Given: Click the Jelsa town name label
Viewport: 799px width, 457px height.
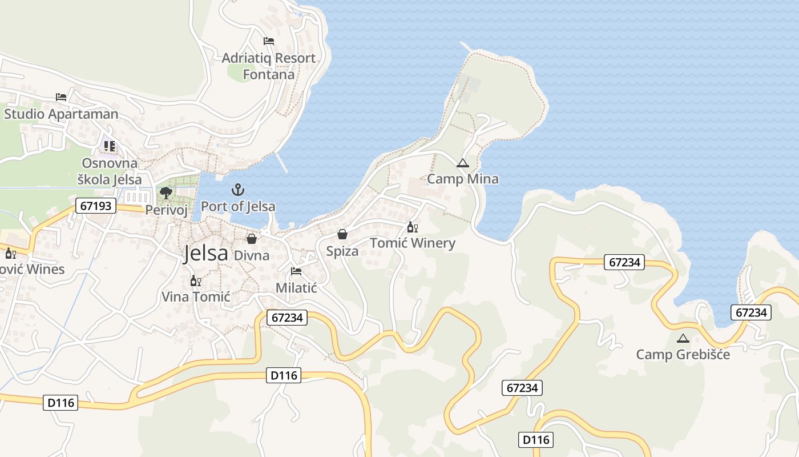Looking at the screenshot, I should coord(205,254).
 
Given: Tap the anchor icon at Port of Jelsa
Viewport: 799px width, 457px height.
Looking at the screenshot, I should coord(237,190).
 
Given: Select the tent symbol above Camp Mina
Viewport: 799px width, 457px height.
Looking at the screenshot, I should coord(462,163).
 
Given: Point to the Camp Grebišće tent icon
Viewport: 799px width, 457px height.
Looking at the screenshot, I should coord(683,338).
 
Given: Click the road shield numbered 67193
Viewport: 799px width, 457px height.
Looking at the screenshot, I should coord(96,206).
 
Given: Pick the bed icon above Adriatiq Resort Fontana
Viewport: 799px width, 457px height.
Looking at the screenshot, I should coord(269,41).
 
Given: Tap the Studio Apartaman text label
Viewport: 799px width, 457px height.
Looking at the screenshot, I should coord(61,114).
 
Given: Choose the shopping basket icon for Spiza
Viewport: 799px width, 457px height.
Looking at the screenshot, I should coord(342,234).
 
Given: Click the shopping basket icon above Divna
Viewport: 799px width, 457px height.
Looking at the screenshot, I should coord(251,239).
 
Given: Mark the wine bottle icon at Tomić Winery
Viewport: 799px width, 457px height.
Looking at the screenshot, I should coord(412,227).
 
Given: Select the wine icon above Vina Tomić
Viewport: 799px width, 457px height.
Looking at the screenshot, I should coord(195,280).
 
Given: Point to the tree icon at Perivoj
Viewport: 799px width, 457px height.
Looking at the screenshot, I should coord(166,193).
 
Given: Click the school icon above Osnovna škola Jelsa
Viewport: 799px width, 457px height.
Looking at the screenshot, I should coord(109,146).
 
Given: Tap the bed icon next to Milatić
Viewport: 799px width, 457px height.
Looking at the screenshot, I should coord(296,271).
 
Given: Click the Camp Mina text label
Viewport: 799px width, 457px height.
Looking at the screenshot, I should coord(463,179).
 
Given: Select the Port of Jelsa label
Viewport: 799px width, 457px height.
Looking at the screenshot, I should coord(238,206).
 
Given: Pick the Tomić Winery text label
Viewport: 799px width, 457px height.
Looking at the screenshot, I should coord(413,243).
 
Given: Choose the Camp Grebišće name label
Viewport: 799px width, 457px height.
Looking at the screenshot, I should coord(683,355).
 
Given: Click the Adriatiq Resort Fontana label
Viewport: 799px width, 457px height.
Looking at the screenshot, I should coord(268,66).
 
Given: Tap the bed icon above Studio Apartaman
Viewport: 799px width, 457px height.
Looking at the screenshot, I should coord(61,97).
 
